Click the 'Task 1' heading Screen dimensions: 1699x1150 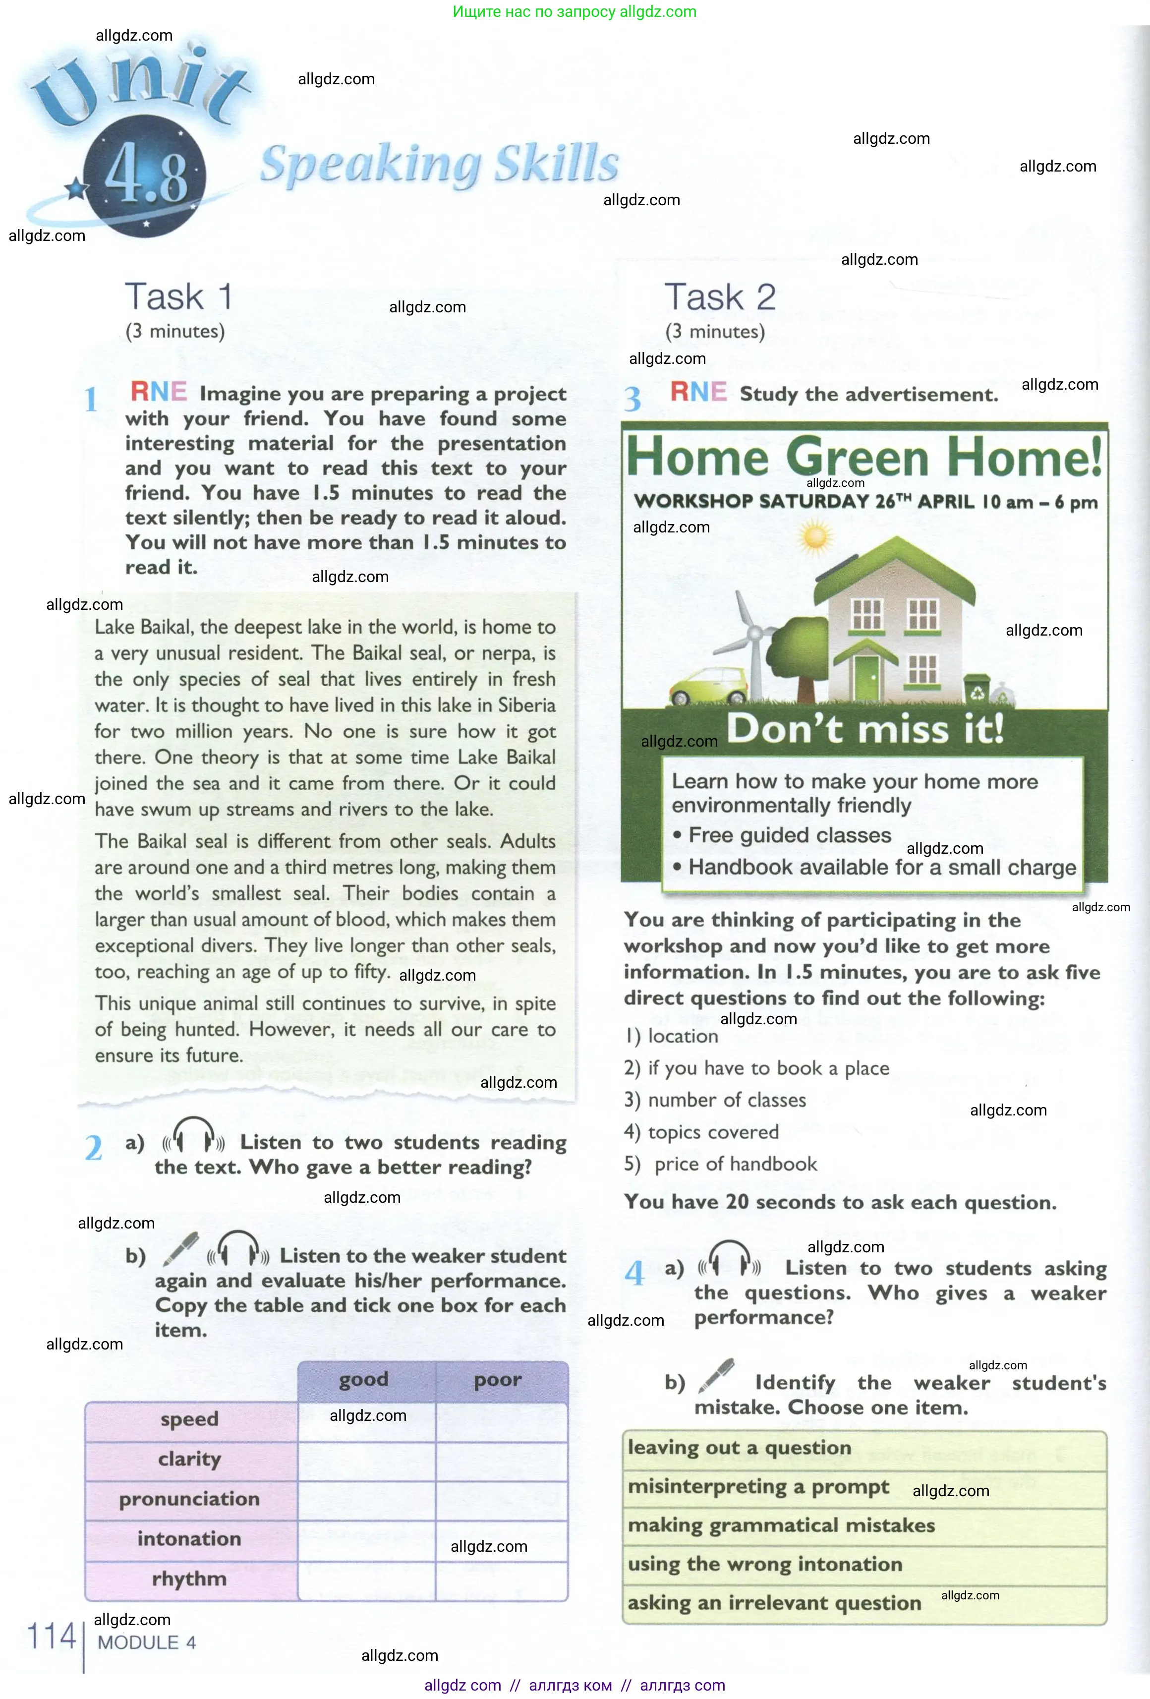point(178,297)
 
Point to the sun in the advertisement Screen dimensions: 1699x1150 point(814,537)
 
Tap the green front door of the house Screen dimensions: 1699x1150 point(868,677)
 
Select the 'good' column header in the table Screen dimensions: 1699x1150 point(363,1380)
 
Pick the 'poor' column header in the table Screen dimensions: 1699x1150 point(498,1380)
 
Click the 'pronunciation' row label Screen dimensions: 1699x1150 point(189,1499)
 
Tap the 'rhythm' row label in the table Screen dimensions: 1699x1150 point(189,1579)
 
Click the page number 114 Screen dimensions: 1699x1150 point(51,1636)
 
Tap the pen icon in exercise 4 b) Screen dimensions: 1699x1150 point(716,1375)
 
